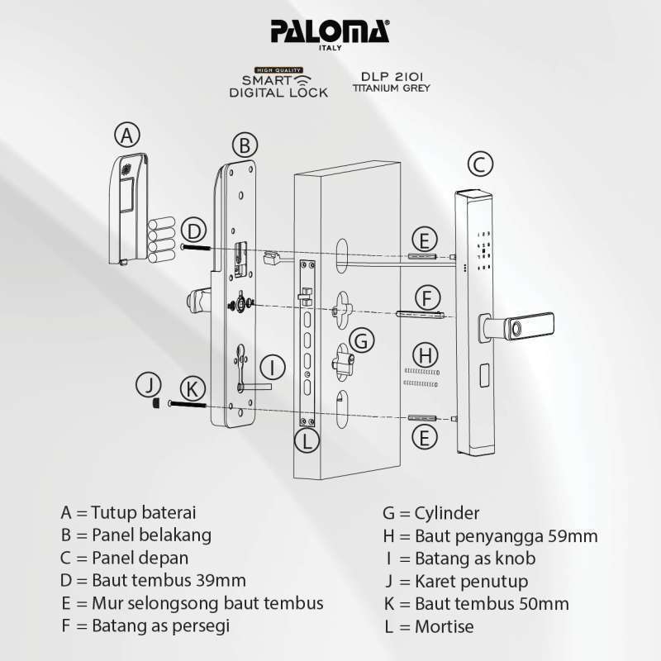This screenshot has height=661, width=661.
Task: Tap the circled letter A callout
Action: click(x=126, y=135)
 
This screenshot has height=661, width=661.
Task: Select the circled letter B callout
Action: click(x=244, y=146)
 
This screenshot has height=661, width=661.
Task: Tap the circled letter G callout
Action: click(x=361, y=340)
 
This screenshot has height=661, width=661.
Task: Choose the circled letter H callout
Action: click(x=424, y=356)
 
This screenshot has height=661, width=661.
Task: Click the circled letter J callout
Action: click(x=149, y=385)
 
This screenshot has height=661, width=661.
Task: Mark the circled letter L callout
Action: click(x=307, y=440)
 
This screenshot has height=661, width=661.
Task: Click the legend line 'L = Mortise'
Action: click(x=429, y=626)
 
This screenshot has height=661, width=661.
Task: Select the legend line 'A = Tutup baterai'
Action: click(x=128, y=513)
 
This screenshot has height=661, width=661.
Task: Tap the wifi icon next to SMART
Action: click(x=303, y=80)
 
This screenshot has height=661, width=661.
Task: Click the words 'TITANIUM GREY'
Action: click(x=392, y=87)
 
